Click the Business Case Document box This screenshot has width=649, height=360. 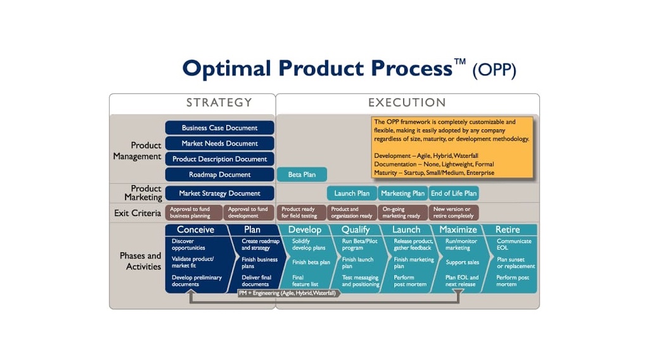(x=219, y=128)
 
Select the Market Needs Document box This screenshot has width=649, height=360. (x=219, y=143)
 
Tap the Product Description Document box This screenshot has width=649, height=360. (x=219, y=159)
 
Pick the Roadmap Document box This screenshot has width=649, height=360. (x=219, y=174)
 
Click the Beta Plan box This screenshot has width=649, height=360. (x=302, y=174)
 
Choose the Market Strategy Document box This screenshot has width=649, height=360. (x=219, y=193)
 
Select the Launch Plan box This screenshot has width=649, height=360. (x=352, y=193)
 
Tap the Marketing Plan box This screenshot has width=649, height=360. (x=403, y=193)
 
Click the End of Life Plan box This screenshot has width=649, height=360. (x=453, y=193)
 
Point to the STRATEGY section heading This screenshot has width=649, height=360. (x=219, y=103)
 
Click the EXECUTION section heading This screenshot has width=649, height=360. (x=407, y=103)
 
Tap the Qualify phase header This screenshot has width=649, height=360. (x=356, y=229)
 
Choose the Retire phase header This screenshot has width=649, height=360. (x=507, y=229)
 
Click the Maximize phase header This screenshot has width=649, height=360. (x=458, y=229)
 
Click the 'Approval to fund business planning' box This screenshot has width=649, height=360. (x=193, y=212)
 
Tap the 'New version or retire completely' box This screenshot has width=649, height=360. (x=453, y=212)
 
